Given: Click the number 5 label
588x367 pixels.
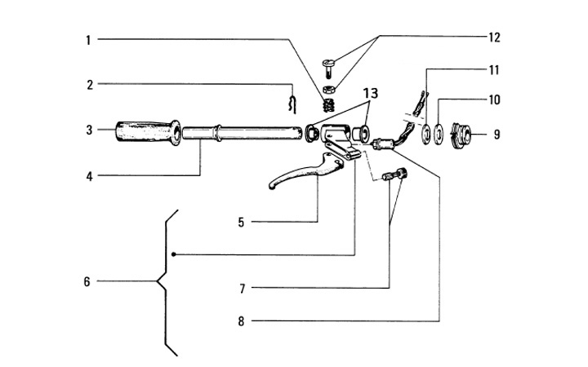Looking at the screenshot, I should [x=241, y=221].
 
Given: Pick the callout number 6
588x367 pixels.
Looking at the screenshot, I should [x=86, y=282].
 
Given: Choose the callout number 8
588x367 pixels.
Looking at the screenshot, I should [x=241, y=321].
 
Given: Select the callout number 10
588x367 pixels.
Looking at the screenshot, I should [x=494, y=100].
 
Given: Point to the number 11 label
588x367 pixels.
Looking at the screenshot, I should [x=494, y=69].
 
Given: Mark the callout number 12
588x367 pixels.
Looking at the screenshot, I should [x=494, y=38].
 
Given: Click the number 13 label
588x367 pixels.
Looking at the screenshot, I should [x=371, y=95].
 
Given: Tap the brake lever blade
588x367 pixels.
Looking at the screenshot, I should [x=294, y=175].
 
